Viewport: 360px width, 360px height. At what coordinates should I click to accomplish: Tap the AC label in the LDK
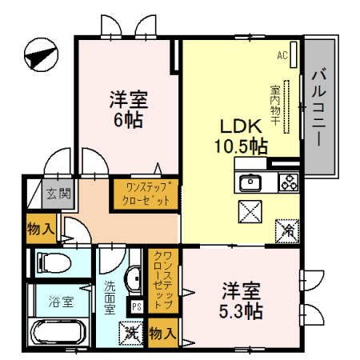point(282,55)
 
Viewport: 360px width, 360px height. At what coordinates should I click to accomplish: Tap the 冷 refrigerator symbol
point(286,231)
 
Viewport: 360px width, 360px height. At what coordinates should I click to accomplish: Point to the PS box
point(136,304)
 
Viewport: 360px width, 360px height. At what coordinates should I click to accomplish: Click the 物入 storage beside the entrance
point(40,228)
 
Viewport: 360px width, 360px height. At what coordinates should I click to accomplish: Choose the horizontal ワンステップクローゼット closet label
point(145,194)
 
